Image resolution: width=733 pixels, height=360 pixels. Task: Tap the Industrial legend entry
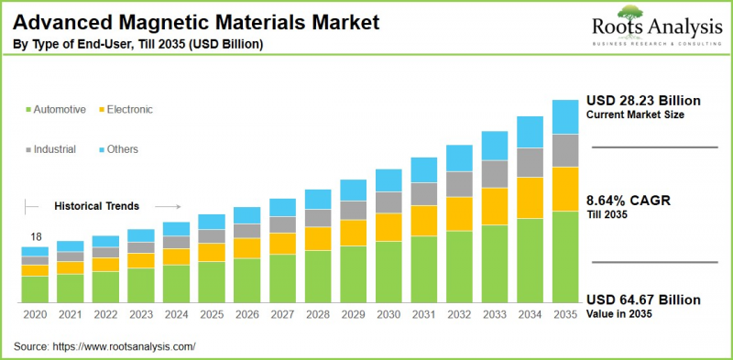pos(54,148)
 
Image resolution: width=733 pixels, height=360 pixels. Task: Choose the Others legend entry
pos(123,148)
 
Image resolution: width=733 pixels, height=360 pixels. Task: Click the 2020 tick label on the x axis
pos(35,314)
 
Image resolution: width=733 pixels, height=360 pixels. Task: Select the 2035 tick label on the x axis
pos(565,314)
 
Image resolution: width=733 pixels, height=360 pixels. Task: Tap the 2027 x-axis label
pos(282,314)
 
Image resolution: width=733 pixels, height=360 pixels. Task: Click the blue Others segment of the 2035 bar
pos(565,116)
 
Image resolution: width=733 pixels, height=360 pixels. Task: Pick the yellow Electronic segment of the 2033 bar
pos(495,206)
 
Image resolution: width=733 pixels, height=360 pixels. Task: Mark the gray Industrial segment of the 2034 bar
pos(531,162)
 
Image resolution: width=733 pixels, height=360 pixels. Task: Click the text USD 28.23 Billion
pos(643,100)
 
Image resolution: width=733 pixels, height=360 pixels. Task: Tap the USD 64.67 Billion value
pos(643,300)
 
